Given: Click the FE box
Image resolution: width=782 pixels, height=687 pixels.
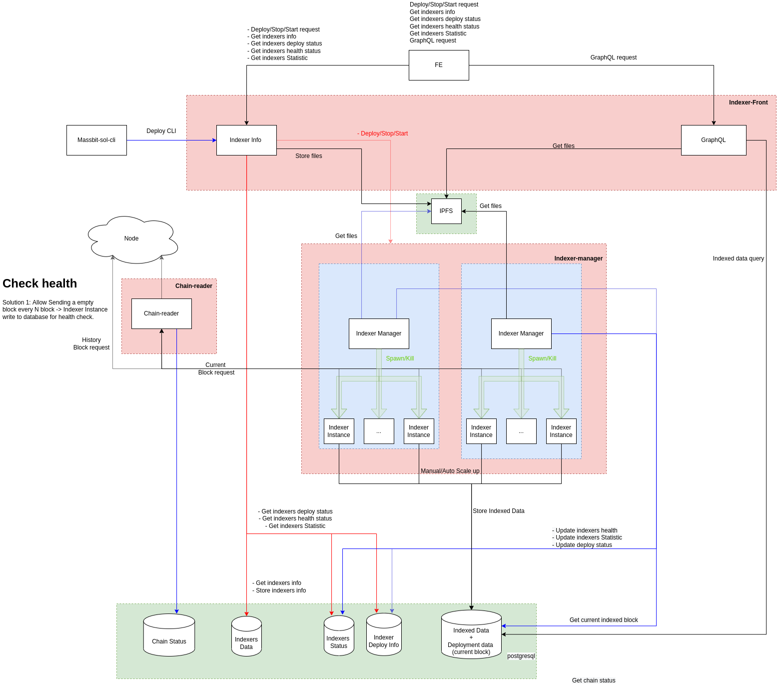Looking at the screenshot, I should pyautogui.click(x=439, y=65).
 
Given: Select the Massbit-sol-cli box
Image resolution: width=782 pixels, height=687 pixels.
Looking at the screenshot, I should pyautogui.click(x=96, y=140).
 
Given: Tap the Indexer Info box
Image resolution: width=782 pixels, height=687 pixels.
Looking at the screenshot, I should pyautogui.click(x=246, y=140).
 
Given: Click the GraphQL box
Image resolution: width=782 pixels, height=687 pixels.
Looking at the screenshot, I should pyautogui.click(x=713, y=140).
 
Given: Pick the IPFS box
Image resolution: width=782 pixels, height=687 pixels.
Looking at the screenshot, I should pyautogui.click(x=446, y=211).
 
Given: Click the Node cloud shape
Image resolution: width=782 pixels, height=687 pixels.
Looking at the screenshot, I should pyautogui.click(x=132, y=239).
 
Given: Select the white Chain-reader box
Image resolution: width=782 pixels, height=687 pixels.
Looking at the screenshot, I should pyautogui.click(x=161, y=313).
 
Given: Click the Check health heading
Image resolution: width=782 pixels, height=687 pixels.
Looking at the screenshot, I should pyautogui.click(x=40, y=283).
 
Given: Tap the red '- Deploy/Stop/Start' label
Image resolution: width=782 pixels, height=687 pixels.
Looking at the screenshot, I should pyautogui.click(x=383, y=133).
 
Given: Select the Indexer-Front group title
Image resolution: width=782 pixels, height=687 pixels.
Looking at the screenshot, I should pyautogui.click(x=748, y=102).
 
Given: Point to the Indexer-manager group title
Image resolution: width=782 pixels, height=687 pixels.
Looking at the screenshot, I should pyautogui.click(x=578, y=258).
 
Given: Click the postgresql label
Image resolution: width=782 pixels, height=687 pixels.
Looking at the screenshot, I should pyautogui.click(x=521, y=656).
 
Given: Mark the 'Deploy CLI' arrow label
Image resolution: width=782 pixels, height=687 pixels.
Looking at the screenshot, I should pyautogui.click(x=161, y=131).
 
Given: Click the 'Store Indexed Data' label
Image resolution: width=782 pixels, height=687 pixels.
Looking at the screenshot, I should pyautogui.click(x=498, y=511).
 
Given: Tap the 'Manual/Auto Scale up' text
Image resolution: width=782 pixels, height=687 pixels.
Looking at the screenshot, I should pyautogui.click(x=450, y=471).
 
